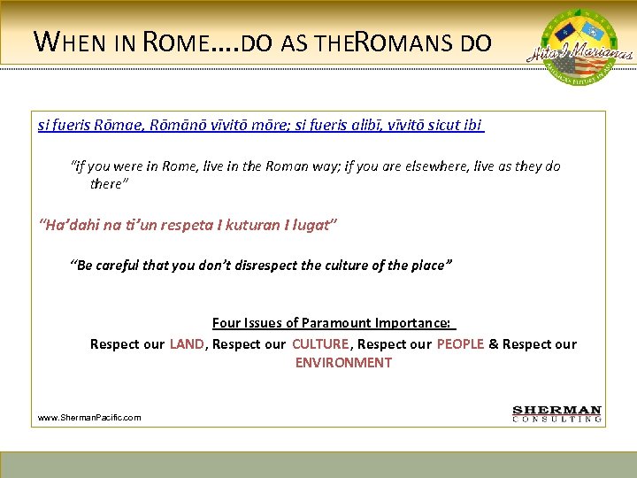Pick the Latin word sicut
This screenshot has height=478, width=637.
point(442,126)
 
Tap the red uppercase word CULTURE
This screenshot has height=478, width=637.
point(321,343)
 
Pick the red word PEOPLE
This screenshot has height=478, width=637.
point(460,343)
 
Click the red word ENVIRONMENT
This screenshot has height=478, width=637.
point(343,362)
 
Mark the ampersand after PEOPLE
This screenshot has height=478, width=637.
point(493,343)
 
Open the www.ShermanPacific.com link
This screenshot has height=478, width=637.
point(89,417)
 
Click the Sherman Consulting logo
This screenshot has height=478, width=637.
point(557,413)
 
